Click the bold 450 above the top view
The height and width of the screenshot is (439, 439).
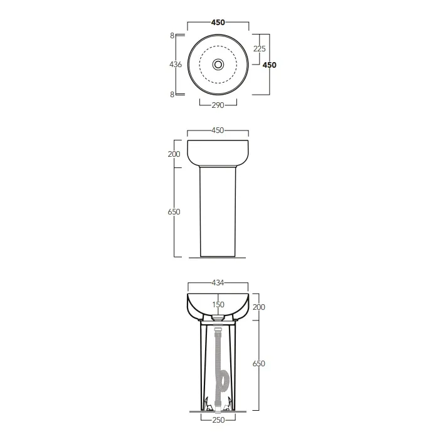pos(218,23)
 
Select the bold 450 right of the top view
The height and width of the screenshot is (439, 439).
pos(269,65)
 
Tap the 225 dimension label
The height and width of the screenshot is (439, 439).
pos(259,49)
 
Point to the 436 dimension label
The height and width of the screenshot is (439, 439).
pos(176,65)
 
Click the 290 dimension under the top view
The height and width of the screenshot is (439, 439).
pos(218,105)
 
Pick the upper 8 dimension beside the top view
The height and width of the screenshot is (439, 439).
pos(172,36)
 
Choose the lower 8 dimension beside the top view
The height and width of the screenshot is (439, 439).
pos(172,94)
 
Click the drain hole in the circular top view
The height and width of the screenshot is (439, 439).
pos(218,65)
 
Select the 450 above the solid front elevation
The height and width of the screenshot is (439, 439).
pos(218,130)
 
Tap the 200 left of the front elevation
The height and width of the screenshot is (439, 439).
pos(174,154)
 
